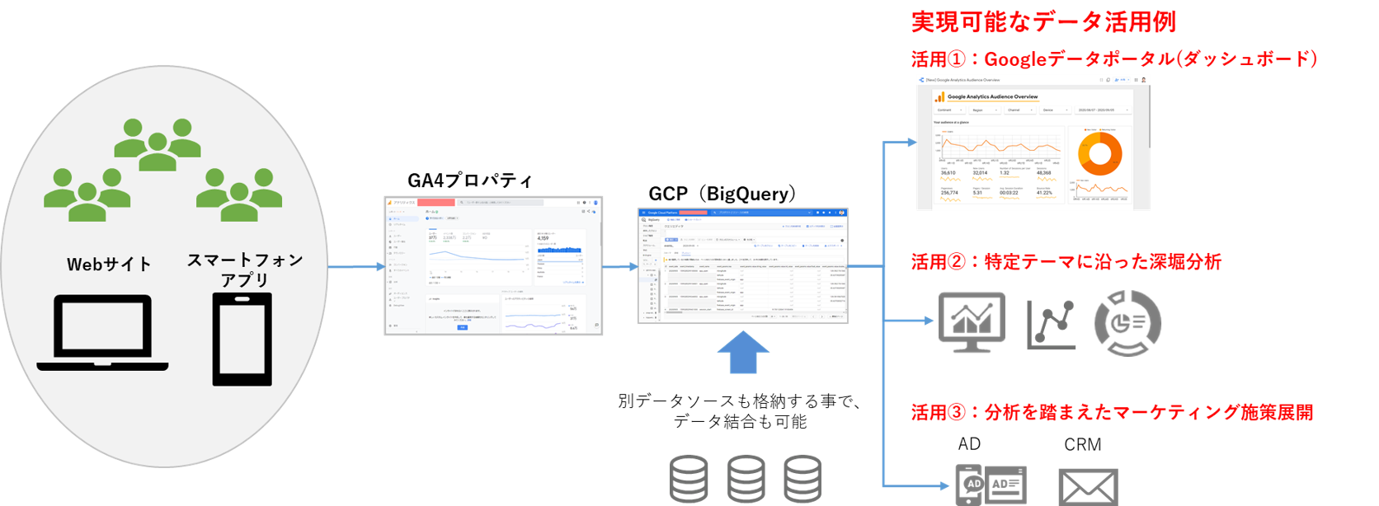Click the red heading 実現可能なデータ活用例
pos(1043,22)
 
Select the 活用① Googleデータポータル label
pos(1113,59)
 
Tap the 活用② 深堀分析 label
pos(1066,262)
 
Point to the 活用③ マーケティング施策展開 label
pos(1112,412)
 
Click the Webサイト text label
pos(109,265)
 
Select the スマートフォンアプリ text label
pos(245,269)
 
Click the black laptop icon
pos(102,333)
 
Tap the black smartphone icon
pos(242,340)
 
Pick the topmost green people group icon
pos(157,144)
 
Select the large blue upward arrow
pos(743,352)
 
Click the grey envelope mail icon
pos(1088,486)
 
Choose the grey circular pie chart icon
pos(1127,322)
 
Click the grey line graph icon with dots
pos(1051,324)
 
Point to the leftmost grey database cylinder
pos(689,479)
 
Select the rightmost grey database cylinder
pos(802,479)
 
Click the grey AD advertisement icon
pos(991,485)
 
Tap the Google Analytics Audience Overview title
pos(992,96)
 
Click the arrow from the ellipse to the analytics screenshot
pos(356,266)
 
